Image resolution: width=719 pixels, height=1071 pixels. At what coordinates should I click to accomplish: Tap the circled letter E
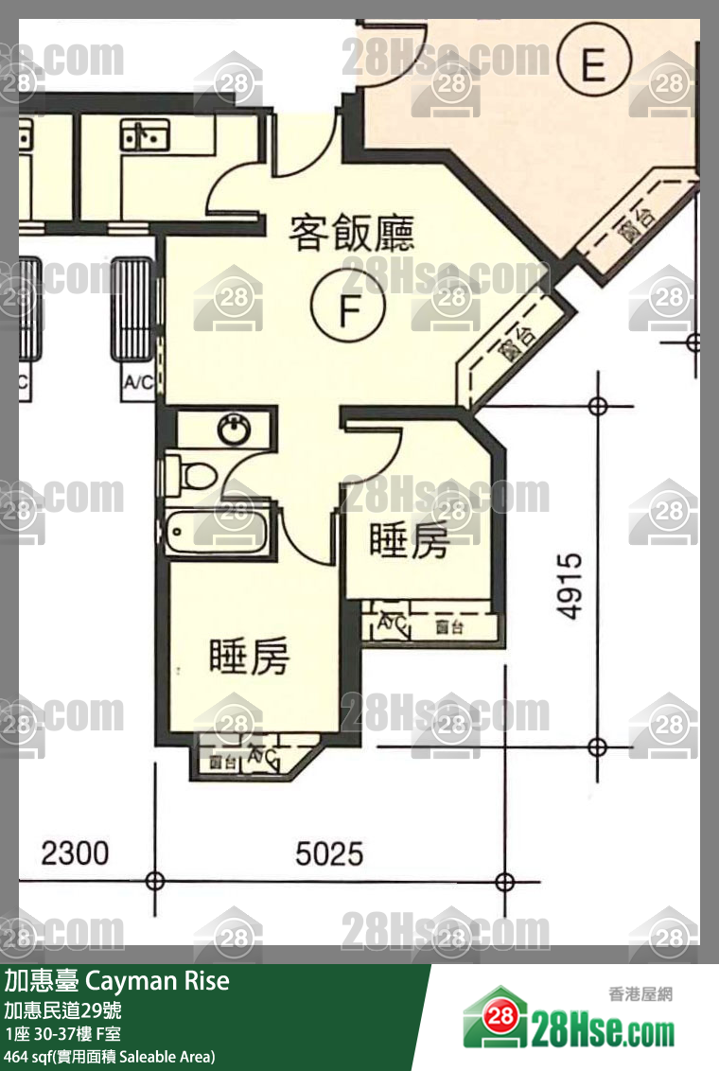click(x=593, y=64)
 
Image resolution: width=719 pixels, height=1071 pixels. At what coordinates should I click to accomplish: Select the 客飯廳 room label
click(x=352, y=233)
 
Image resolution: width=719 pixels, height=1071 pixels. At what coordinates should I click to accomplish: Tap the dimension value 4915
click(x=569, y=587)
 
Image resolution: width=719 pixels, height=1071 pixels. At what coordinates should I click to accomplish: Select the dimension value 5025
click(x=328, y=853)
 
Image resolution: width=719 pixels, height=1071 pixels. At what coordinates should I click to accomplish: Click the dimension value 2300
click(x=75, y=853)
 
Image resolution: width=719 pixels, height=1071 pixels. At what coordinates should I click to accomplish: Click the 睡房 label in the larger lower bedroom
click(x=249, y=658)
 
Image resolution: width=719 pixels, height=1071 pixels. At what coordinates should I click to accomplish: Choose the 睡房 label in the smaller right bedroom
click(x=408, y=541)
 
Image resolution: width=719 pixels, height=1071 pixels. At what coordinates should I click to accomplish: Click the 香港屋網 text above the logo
click(x=640, y=994)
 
